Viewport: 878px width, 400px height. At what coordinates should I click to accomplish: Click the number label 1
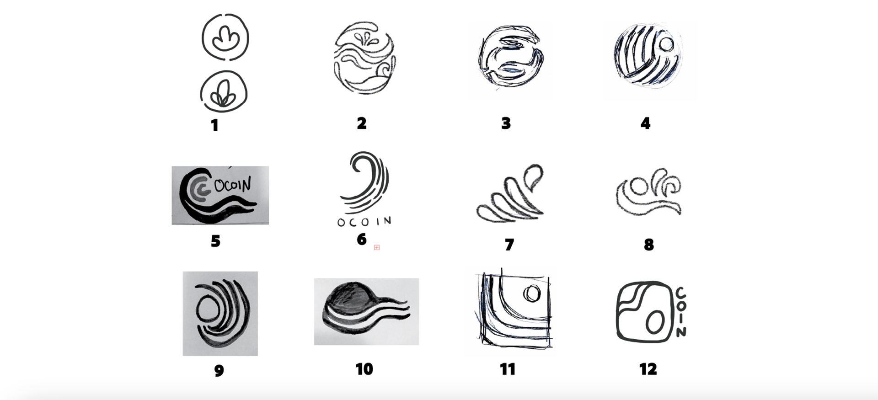click(x=214, y=125)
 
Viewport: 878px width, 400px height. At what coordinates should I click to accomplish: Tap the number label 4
click(x=645, y=123)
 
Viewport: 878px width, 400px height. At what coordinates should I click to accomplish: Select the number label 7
click(x=509, y=245)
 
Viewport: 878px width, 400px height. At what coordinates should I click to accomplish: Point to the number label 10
click(x=364, y=369)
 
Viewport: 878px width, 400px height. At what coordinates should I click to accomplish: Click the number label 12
click(x=648, y=369)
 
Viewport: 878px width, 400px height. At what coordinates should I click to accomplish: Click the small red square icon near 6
click(x=377, y=247)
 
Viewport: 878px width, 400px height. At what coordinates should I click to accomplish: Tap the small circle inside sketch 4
click(x=667, y=44)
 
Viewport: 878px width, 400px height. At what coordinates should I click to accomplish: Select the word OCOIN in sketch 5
click(x=232, y=185)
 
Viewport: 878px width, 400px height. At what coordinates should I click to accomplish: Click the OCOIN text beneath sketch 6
click(x=364, y=222)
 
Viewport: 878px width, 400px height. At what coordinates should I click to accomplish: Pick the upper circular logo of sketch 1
click(x=225, y=37)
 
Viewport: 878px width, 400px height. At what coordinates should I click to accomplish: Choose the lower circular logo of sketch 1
click(x=224, y=91)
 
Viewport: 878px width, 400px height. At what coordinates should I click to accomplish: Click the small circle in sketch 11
click(x=532, y=293)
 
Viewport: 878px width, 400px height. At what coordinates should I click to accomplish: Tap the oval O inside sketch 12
click(x=654, y=322)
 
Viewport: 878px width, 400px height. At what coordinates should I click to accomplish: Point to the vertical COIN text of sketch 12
click(x=681, y=312)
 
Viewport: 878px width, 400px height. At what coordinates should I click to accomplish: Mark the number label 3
click(x=506, y=123)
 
